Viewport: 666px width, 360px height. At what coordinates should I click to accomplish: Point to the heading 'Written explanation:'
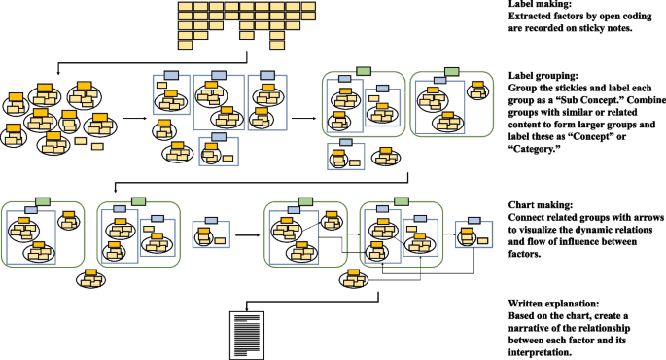click(553, 304)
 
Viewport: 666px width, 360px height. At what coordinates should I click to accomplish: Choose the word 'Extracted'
click(531, 18)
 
